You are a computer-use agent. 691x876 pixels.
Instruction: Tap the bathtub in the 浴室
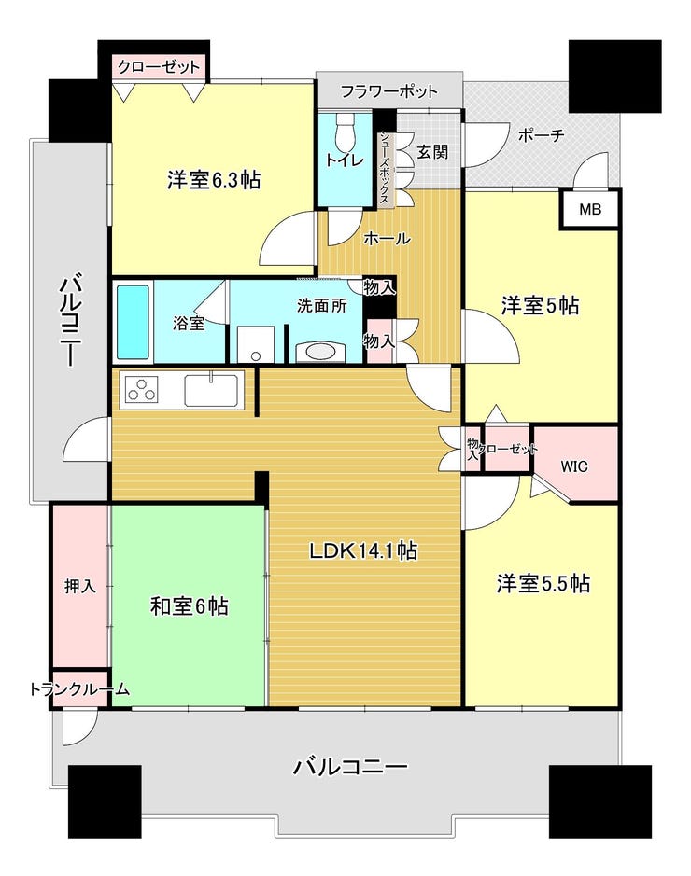[x=133, y=323]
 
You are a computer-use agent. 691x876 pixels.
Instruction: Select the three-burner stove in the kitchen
[x=142, y=389]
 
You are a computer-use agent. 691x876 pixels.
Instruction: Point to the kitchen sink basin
[x=211, y=389]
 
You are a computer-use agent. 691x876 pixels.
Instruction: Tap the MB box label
[x=590, y=210]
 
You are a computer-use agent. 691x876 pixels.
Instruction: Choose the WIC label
[x=574, y=466]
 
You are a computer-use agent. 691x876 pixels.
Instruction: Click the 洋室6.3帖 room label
[x=214, y=180]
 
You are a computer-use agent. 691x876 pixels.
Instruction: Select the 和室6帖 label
[x=189, y=605]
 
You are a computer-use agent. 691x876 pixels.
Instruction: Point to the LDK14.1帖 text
[x=363, y=550]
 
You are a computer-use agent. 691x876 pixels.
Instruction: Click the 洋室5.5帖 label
[x=543, y=583]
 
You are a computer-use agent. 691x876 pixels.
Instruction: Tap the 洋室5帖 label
[x=540, y=306]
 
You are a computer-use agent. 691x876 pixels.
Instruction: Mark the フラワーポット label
[x=389, y=90]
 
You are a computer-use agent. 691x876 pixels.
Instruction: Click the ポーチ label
[x=541, y=134]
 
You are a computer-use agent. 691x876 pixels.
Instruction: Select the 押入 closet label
[x=80, y=586]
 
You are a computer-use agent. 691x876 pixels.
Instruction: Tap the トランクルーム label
[x=79, y=689]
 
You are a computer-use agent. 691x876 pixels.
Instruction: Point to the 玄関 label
[x=432, y=151]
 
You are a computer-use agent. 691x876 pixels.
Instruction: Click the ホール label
[x=387, y=239]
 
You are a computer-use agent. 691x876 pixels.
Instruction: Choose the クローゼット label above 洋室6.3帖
[x=159, y=67]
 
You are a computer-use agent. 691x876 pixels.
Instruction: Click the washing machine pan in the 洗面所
[x=256, y=345]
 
